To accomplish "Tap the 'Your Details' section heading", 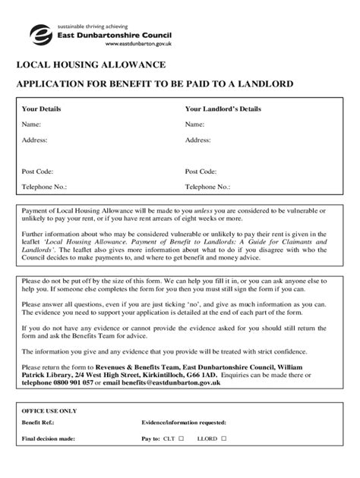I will click(41, 109).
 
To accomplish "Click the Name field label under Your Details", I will click(31, 124).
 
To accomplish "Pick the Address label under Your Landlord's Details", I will click(197, 140).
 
